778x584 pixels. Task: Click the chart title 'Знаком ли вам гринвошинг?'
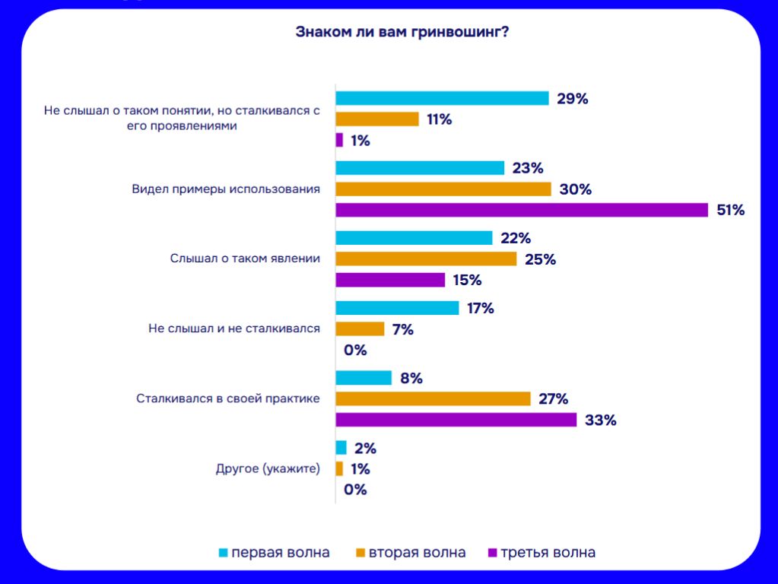(402, 32)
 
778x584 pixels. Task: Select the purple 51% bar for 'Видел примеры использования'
(522, 210)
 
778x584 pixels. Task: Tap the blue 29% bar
(442, 98)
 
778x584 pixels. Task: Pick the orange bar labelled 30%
(443, 189)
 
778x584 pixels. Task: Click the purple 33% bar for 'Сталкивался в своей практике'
(456, 420)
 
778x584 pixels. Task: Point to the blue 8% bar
(364, 378)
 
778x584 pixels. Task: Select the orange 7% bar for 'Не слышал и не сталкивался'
(360, 329)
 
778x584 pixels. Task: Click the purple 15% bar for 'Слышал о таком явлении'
(390, 280)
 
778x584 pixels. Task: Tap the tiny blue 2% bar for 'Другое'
(341, 448)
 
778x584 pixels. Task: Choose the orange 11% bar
(377, 119)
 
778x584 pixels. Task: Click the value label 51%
(730, 211)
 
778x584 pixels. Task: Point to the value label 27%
(554, 399)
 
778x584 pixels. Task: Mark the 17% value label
(481, 309)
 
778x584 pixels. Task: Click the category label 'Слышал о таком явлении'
(245, 259)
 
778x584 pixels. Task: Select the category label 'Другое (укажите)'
(268, 468)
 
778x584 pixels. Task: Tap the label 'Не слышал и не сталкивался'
(234, 328)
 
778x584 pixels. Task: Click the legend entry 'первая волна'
(281, 553)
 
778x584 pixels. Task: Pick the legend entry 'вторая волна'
(417, 553)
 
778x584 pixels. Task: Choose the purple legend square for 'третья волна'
(493, 553)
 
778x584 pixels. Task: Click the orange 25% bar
(426, 259)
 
